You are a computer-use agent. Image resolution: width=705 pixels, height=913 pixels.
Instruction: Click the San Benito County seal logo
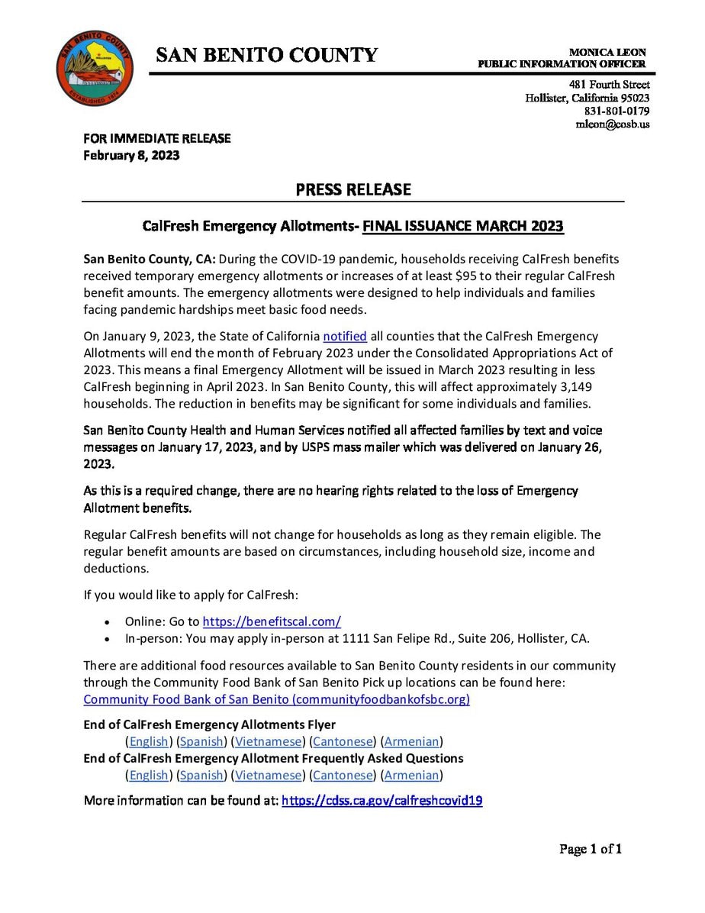[95, 69]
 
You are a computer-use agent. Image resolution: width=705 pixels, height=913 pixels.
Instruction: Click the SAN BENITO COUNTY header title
[267, 55]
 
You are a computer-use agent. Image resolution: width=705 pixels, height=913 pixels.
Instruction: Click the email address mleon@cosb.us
[613, 124]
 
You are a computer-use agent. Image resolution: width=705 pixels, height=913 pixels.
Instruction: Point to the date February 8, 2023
[131, 155]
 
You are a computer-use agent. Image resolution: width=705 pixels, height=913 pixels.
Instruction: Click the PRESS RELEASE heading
[353, 189]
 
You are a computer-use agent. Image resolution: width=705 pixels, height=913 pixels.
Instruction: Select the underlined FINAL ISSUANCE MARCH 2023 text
[463, 227]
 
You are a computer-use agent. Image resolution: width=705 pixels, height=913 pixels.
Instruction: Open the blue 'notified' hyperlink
[345, 336]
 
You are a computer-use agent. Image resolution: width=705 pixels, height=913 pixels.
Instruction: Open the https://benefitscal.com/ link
[272, 621]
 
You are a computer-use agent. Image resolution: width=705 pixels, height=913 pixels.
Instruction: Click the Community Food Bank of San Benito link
[276, 699]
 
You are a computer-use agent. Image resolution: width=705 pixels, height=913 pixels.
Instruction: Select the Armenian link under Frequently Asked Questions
[412, 775]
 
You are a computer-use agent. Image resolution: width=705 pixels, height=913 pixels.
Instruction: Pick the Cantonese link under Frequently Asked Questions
[343, 775]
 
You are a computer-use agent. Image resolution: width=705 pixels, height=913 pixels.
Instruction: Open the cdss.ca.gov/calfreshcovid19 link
[382, 801]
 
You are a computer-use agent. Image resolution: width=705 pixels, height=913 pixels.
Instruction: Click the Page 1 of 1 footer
[591, 848]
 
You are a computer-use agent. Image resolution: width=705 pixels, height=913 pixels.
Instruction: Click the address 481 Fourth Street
[610, 85]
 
